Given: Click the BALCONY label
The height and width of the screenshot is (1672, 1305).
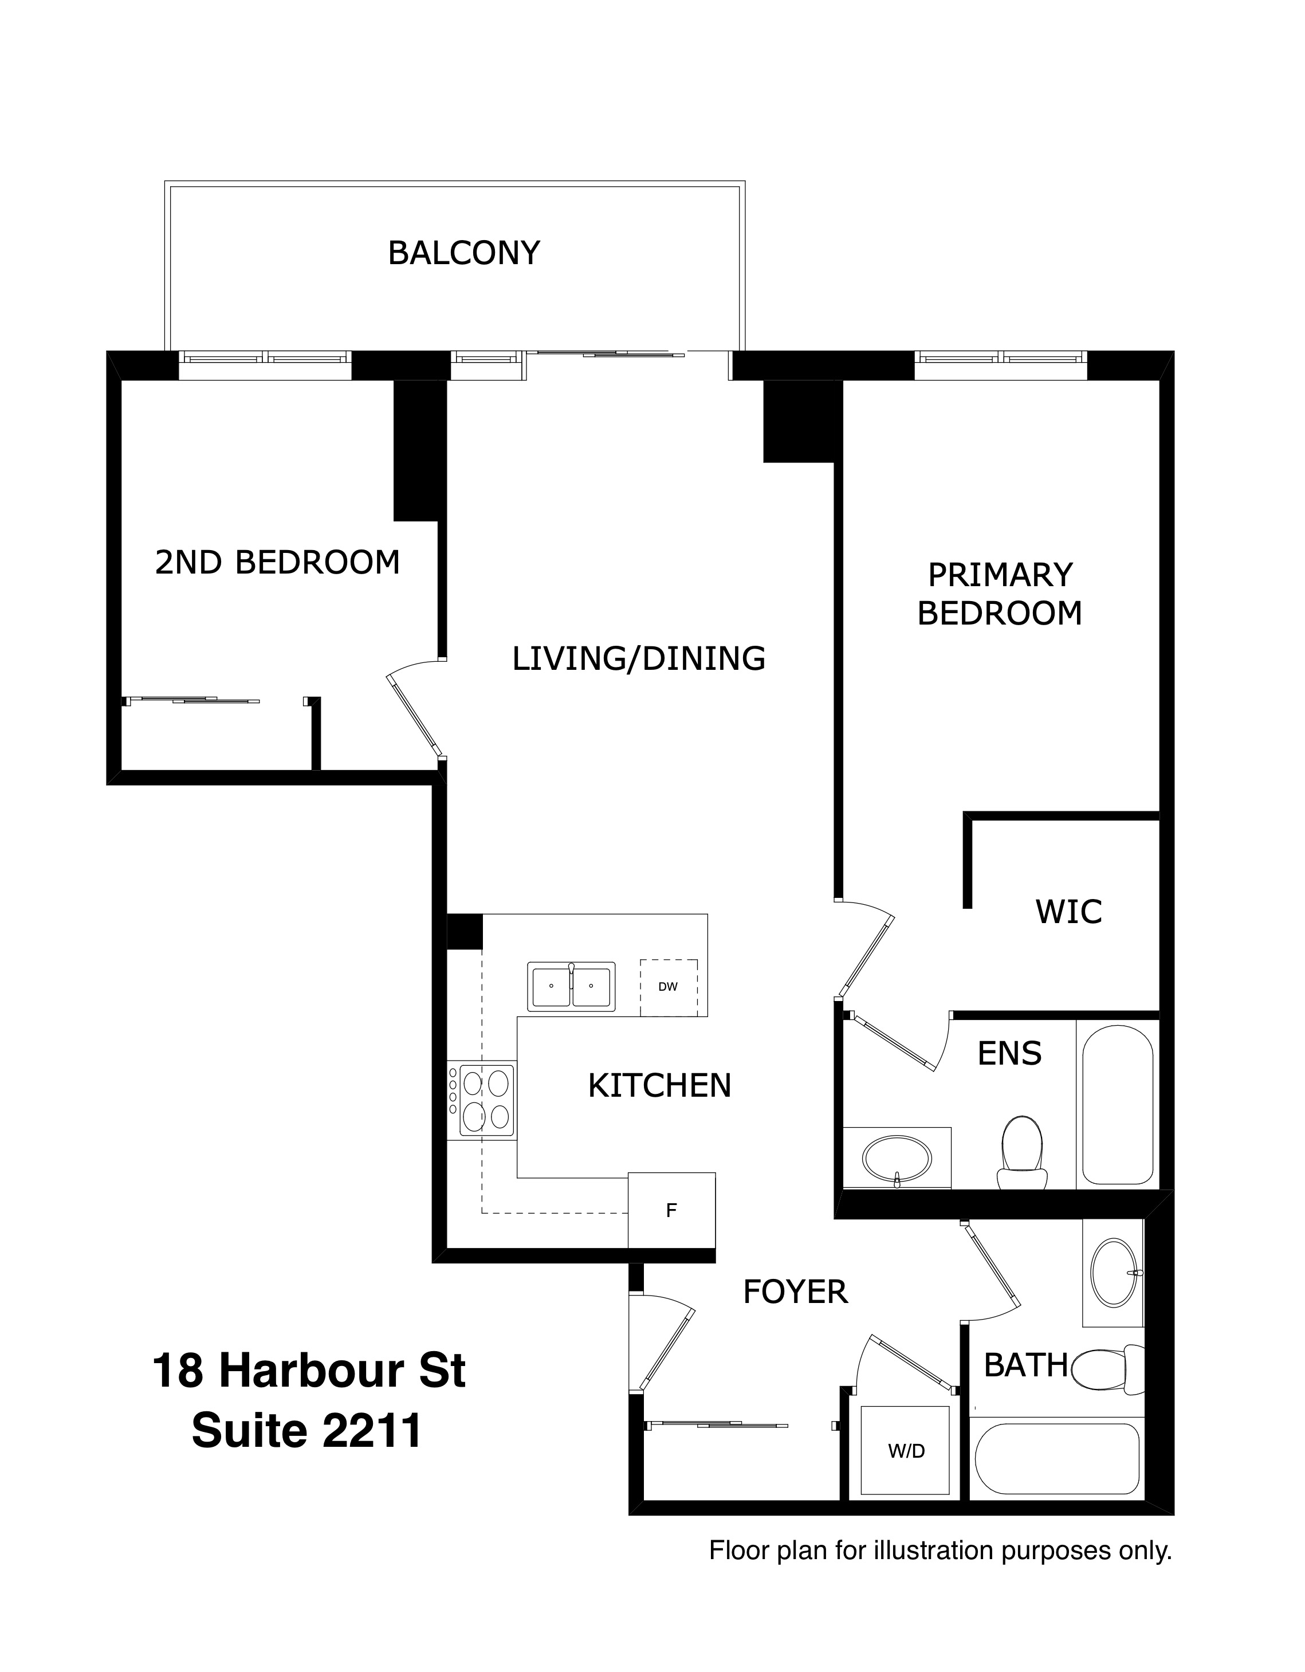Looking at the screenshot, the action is (x=464, y=253).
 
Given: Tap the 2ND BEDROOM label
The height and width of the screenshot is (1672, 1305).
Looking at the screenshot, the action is (x=278, y=563).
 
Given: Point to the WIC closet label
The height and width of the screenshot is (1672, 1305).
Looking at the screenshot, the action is (x=1068, y=912).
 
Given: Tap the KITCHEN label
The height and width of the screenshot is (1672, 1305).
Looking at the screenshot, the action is (x=660, y=1086).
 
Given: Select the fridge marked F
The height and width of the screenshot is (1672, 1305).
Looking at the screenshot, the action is (x=671, y=1210).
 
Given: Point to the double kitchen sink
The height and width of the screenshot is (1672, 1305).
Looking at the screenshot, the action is (x=571, y=987).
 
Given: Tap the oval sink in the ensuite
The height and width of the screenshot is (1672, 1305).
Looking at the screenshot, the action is (x=897, y=1158).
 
